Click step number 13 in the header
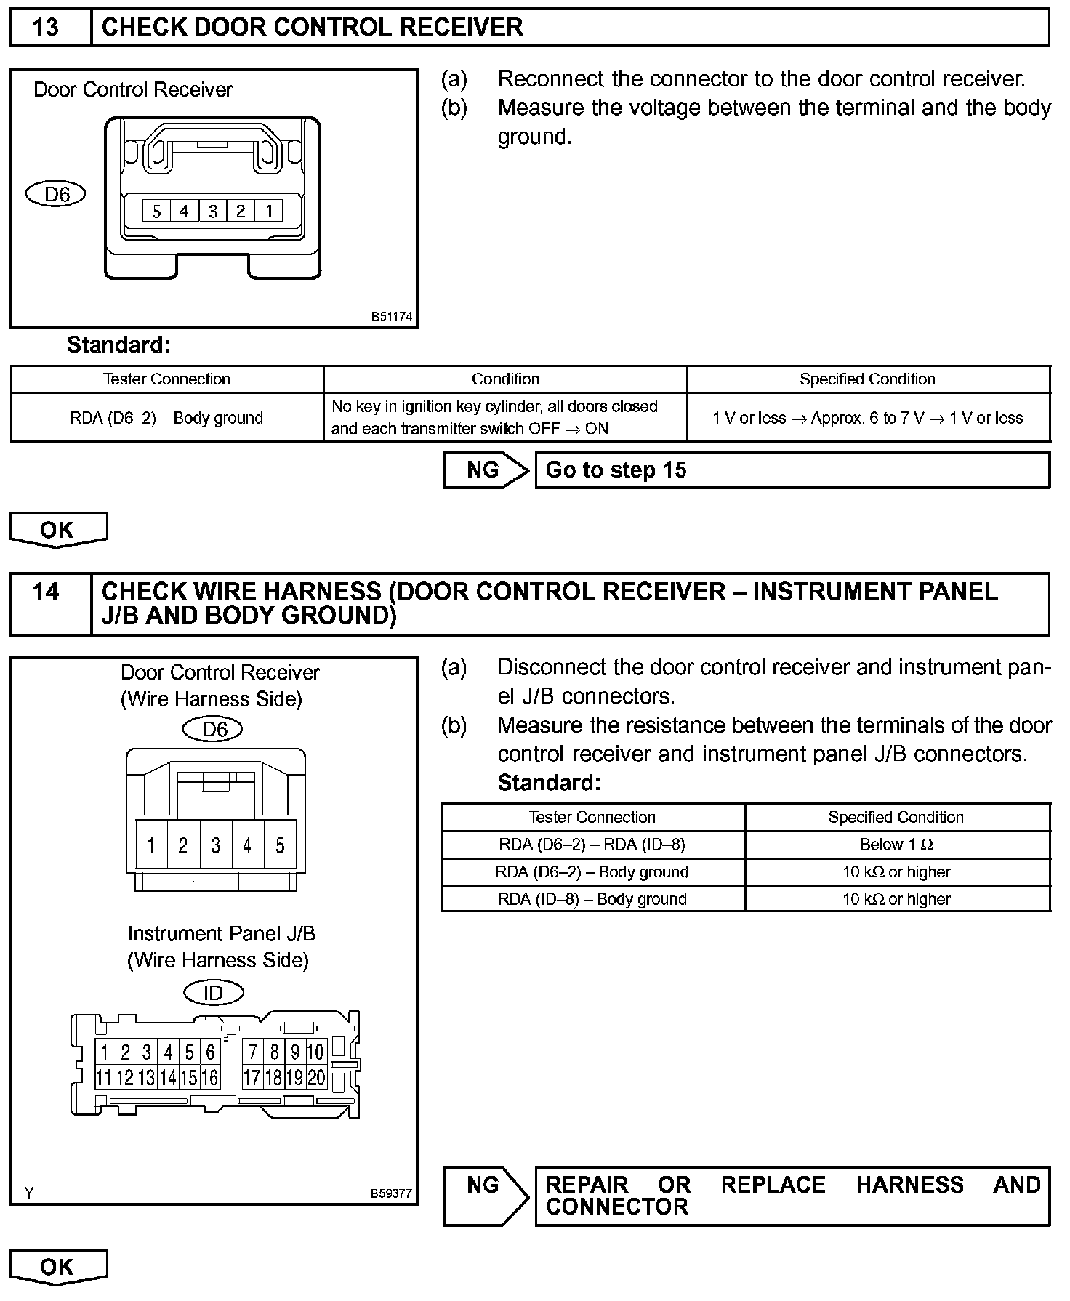click(46, 28)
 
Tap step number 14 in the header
click(46, 592)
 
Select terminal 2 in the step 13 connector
click(241, 211)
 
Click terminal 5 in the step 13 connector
click(156, 211)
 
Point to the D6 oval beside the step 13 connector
click(56, 194)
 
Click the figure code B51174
click(392, 317)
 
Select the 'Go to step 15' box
click(792, 470)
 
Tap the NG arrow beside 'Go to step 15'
click(485, 470)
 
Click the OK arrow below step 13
click(57, 530)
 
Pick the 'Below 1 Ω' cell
click(897, 845)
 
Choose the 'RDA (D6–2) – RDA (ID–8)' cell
click(592, 845)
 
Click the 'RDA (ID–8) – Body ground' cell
click(592, 899)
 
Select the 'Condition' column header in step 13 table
click(505, 379)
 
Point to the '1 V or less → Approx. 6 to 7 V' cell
click(868, 418)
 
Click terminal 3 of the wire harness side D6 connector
click(216, 845)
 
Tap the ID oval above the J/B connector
click(213, 992)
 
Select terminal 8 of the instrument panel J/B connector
click(274, 1052)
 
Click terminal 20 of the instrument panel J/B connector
click(316, 1078)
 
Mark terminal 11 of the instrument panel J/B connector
click(104, 1078)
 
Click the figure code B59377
click(392, 1193)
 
